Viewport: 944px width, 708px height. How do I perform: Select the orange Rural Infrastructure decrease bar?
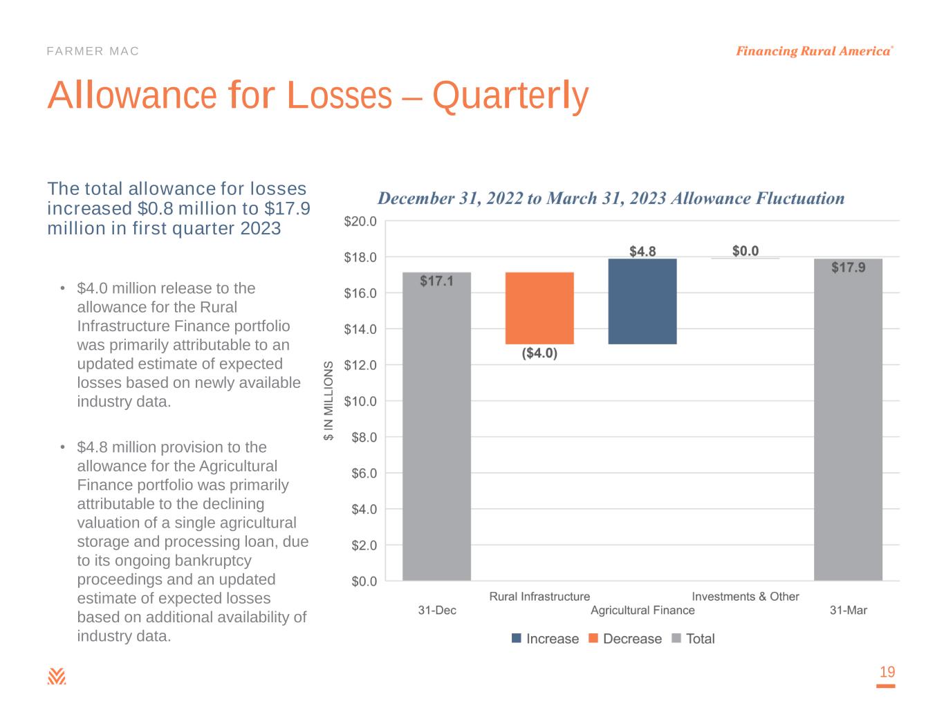(x=539, y=308)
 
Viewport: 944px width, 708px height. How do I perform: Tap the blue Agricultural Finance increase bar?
(x=642, y=301)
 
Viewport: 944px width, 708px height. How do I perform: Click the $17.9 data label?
(x=848, y=268)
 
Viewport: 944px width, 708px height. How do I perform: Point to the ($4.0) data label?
(x=539, y=354)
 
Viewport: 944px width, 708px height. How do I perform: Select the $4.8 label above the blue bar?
(x=642, y=251)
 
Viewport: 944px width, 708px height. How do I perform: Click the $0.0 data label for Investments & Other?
(x=746, y=251)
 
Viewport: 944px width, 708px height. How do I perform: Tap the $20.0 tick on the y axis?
(x=360, y=221)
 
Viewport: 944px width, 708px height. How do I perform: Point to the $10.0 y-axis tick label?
(x=360, y=401)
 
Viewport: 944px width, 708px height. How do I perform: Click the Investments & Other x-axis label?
(x=746, y=597)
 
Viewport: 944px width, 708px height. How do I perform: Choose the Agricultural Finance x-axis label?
(x=642, y=611)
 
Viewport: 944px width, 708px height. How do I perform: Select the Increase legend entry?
(x=545, y=639)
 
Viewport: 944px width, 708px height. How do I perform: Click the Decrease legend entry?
(x=624, y=639)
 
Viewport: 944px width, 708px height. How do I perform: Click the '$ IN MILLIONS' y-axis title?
(x=329, y=401)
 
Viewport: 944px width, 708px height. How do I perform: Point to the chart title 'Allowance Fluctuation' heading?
(x=611, y=198)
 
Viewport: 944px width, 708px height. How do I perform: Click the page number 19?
(x=887, y=672)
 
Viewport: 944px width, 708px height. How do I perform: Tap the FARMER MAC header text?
(x=93, y=51)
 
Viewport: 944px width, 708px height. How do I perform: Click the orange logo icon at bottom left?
(x=57, y=676)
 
